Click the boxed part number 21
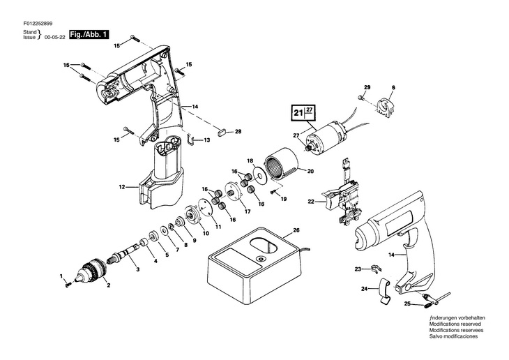pyautogui.click(x=298, y=112)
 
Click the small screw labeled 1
pyautogui.click(x=67, y=283)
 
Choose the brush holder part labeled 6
pyautogui.click(x=385, y=107)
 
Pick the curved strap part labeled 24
pyautogui.click(x=386, y=292)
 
